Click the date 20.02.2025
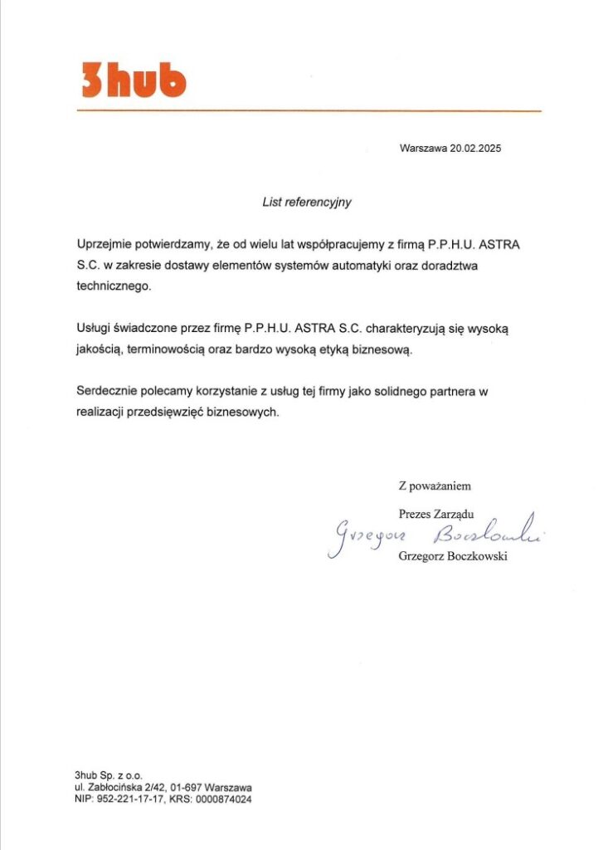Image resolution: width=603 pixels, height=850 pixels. pyautogui.click(x=475, y=149)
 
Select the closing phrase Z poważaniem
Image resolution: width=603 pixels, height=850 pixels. pyautogui.click(x=435, y=486)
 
